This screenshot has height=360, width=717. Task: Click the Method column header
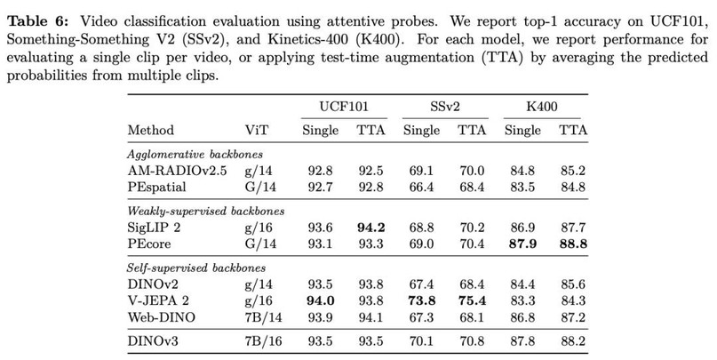(151, 130)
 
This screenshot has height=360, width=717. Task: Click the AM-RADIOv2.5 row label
(173, 169)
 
